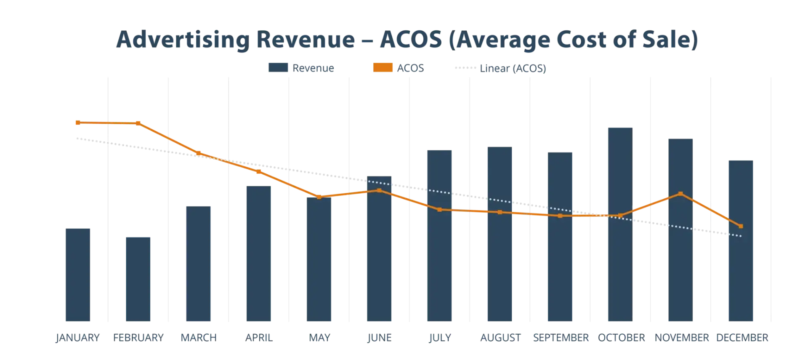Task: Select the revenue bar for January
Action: [77, 274]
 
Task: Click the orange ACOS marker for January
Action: [77, 123]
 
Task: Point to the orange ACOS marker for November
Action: [680, 194]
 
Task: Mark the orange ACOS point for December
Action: [741, 226]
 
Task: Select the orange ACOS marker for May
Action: [319, 197]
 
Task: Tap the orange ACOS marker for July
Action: [440, 209]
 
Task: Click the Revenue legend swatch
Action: [277, 68]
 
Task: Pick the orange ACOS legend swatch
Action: [382, 68]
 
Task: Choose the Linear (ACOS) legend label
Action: [513, 68]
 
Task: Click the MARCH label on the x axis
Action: [198, 338]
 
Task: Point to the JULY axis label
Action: [440, 338]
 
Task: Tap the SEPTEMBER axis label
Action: [560, 338]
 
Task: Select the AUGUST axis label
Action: [500, 338]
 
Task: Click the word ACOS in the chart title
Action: [410, 40]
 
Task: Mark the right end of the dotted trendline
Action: [741, 236]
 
